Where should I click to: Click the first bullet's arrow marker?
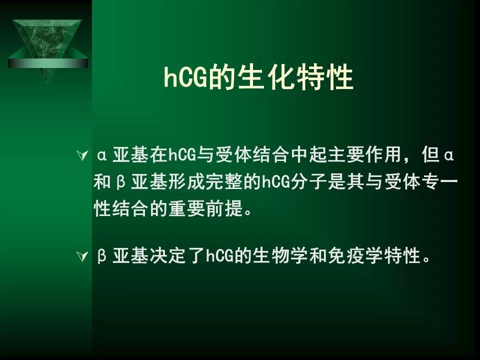tap(82, 155)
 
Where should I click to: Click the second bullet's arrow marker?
tap(82, 256)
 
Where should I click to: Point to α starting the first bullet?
tap(102, 155)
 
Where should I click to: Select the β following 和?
tap(121, 182)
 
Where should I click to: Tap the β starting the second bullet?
tap(102, 256)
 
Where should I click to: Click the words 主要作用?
tap(365, 154)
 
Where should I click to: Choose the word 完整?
tap(224, 182)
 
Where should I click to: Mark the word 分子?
tap(309, 182)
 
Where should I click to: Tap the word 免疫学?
tap(355, 255)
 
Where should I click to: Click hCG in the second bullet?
tap(220, 256)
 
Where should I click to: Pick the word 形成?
tap(186, 182)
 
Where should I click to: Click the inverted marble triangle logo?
tap(48, 49)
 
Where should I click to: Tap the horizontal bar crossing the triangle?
tap(48, 63)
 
